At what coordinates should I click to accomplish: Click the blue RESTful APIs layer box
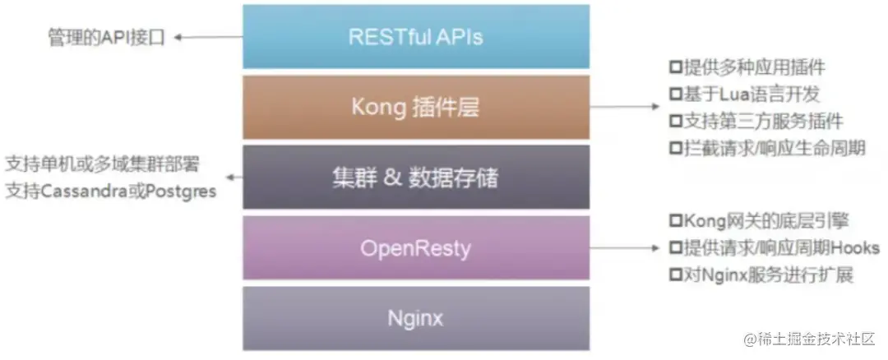pyautogui.click(x=416, y=36)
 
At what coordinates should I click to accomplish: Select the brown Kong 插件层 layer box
pyautogui.click(x=416, y=107)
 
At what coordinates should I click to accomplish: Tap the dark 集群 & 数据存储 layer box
pyautogui.click(x=416, y=177)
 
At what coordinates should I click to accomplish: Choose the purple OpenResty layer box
pyautogui.click(x=416, y=247)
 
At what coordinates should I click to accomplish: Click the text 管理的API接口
pyautogui.click(x=106, y=37)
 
